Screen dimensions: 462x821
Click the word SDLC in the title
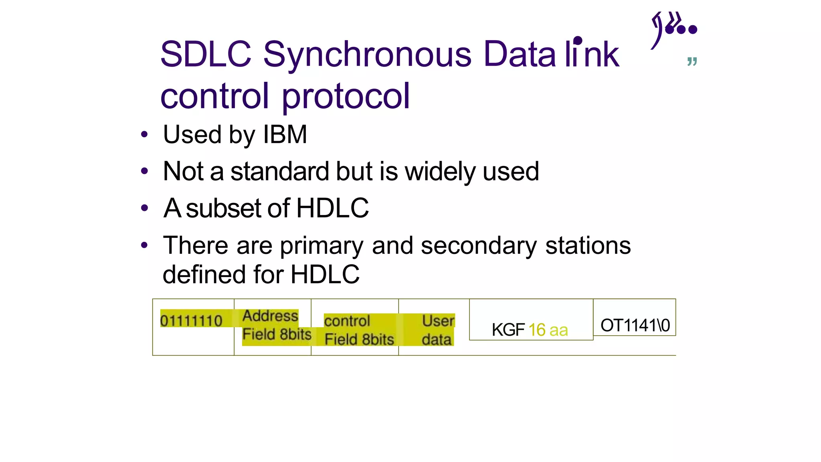[x=206, y=55]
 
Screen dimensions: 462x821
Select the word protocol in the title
[x=346, y=96]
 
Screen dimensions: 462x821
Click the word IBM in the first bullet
[x=285, y=134]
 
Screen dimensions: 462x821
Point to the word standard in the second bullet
[x=280, y=171]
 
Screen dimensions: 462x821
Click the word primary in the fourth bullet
[x=322, y=246]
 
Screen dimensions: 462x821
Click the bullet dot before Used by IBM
[x=144, y=135]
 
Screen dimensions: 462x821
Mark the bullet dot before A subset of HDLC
[x=144, y=209]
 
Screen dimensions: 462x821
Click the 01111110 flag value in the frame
[x=191, y=321]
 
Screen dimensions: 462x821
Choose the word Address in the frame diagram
[x=270, y=316]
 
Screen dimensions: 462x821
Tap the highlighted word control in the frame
[x=347, y=321]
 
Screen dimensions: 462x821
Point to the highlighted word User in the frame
[x=438, y=321]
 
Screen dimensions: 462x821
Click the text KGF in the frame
[x=508, y=330]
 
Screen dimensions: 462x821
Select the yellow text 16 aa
[x=548, y=330]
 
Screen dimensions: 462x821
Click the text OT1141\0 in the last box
[x=635, y=325]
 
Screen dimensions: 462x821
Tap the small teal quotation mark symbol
[x=692, y=61]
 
